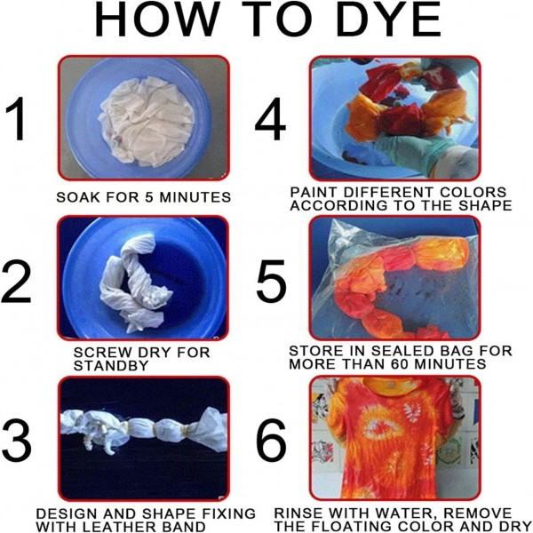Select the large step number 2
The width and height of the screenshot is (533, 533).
coord(17,282)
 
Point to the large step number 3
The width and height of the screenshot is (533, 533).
coord(17,441)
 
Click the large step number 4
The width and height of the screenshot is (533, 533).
coord(270,119)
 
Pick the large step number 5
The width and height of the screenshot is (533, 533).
coord(271,281)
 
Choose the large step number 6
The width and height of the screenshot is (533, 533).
coord(271,441)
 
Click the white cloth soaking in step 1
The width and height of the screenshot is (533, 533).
coord(147,122)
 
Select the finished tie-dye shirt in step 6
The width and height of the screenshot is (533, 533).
coord(391,439)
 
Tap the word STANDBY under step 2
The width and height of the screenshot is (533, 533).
coord(111,366)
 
